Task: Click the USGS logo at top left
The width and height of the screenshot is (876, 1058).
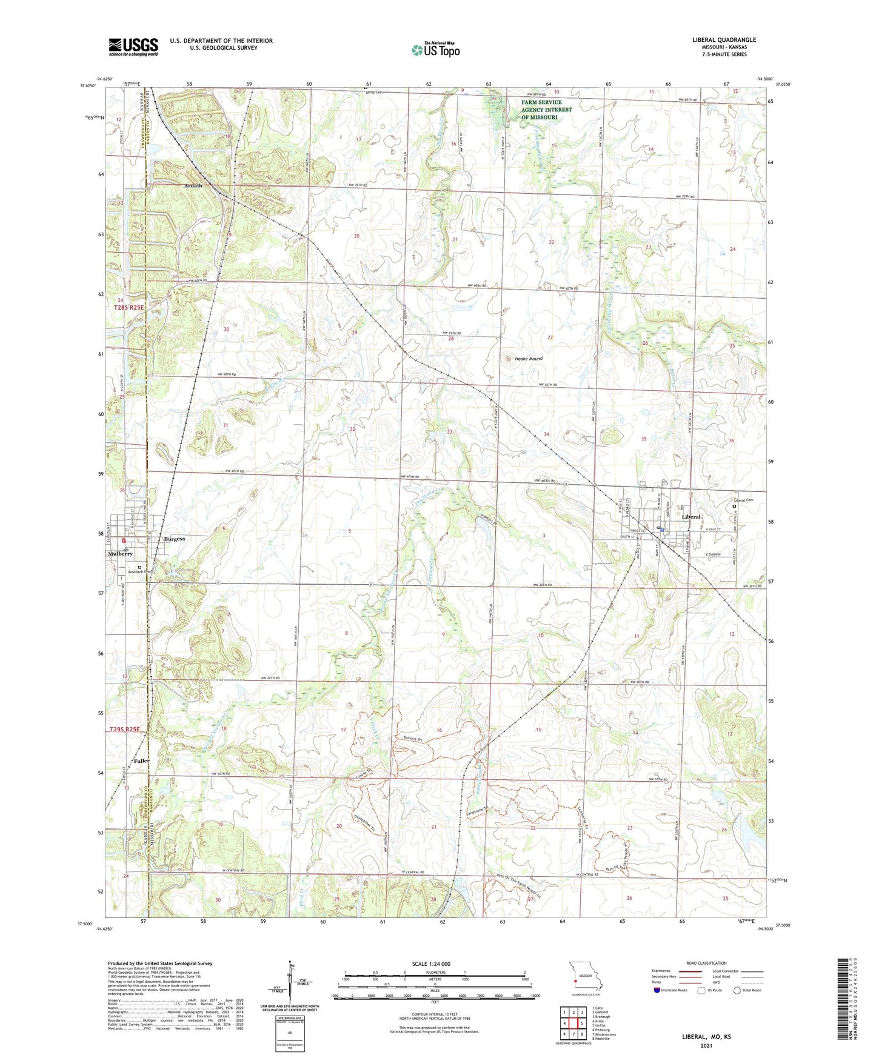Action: [133, 47]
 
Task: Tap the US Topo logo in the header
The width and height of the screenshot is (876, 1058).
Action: [435, 50]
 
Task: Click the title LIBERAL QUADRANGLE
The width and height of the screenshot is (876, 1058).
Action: [724, 40]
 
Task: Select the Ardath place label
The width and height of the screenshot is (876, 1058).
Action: [193, 185]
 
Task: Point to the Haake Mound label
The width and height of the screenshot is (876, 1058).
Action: [529, 359]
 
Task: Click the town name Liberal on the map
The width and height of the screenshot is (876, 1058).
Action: [691, 517]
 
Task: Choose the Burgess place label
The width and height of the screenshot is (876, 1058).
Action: [175, 539]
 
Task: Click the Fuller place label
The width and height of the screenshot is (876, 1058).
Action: [141, 760]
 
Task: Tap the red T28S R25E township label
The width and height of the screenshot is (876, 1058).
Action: [130, 308]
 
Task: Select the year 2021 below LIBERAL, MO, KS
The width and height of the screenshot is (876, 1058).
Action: [706, 1045]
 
